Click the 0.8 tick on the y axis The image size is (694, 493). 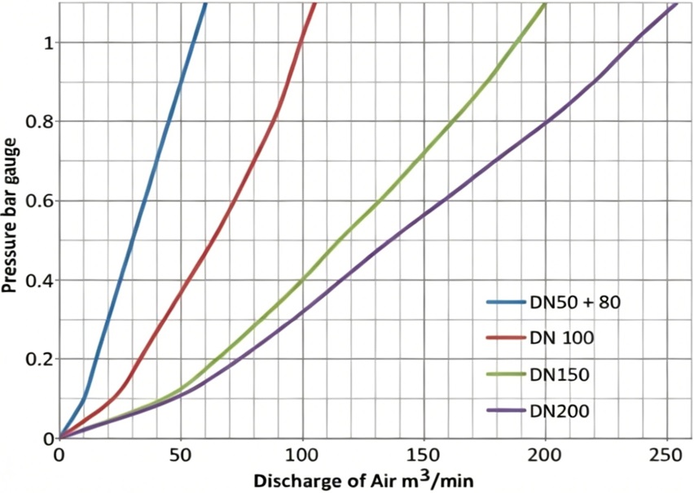coord(37,121)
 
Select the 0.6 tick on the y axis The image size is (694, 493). coord(37,201)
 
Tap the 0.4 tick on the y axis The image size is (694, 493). coord(37,280)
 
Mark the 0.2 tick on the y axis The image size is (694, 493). coord(37,360)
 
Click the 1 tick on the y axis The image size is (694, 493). coord(46,42)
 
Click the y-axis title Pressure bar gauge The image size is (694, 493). coord(11,220)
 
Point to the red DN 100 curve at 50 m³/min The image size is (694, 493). coord(181,290)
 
